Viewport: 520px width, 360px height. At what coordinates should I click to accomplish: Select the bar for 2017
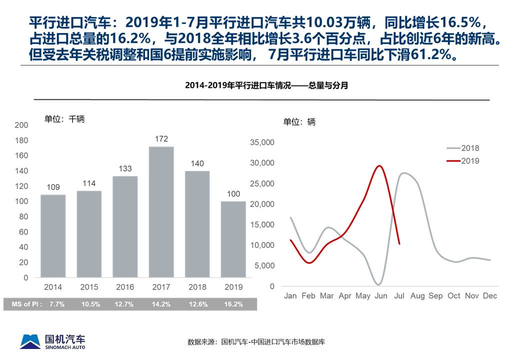point(161,212)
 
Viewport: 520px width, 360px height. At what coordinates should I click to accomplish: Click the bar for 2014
point(53,235)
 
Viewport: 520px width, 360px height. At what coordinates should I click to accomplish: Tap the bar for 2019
point(233,239)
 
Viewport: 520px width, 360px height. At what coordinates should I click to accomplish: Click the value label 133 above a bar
point(125,168)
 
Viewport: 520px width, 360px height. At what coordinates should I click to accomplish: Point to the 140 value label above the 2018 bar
point(197,163)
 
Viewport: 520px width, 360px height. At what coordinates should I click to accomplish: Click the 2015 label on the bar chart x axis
point(89,287)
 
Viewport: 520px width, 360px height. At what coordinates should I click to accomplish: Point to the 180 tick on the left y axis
point(21,140)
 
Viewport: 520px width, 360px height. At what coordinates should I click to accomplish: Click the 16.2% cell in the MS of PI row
point(234,304)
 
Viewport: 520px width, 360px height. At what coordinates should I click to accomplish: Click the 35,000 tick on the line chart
point(262,142)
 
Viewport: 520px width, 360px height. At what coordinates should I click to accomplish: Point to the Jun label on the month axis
point(381,296)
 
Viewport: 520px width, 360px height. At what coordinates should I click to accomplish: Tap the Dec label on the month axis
point(490,296)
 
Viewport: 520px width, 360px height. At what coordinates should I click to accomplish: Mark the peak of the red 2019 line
point(380,166)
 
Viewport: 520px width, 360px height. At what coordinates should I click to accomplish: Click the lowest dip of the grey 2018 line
point(379,284)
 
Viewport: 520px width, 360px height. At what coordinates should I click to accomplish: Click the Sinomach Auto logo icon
point(30,341)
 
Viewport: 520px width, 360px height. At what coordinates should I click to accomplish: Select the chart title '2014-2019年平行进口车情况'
point(266,85)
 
